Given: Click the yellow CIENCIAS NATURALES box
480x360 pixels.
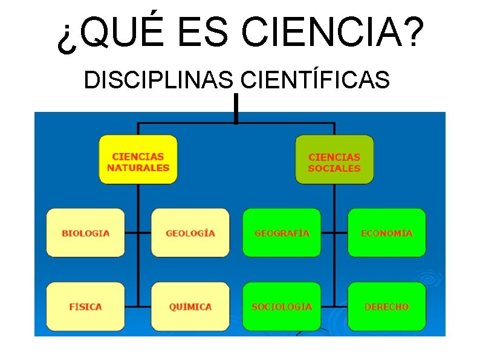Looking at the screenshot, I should (x=138, y=159).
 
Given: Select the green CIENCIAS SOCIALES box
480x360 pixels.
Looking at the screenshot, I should (x=334, y=159).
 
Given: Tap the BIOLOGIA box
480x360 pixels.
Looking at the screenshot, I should (x=86, y=233).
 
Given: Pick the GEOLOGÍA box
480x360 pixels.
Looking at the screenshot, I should (x=190, y=233).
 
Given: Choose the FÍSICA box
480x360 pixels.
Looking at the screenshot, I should (x=86, y=307).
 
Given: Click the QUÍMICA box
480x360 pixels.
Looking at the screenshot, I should (x=190, y=307).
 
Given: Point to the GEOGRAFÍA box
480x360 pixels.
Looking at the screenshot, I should (x=282, y=233).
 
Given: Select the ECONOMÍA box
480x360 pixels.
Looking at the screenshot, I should (x=386, y=233).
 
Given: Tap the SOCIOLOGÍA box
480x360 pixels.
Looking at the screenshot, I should (x=282, y=307).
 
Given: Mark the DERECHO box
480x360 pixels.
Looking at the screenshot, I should (x=386, y=307).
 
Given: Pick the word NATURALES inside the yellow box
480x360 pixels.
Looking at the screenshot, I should (x=138, y=168).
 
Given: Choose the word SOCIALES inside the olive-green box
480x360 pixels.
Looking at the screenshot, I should (x=334, y=168).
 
